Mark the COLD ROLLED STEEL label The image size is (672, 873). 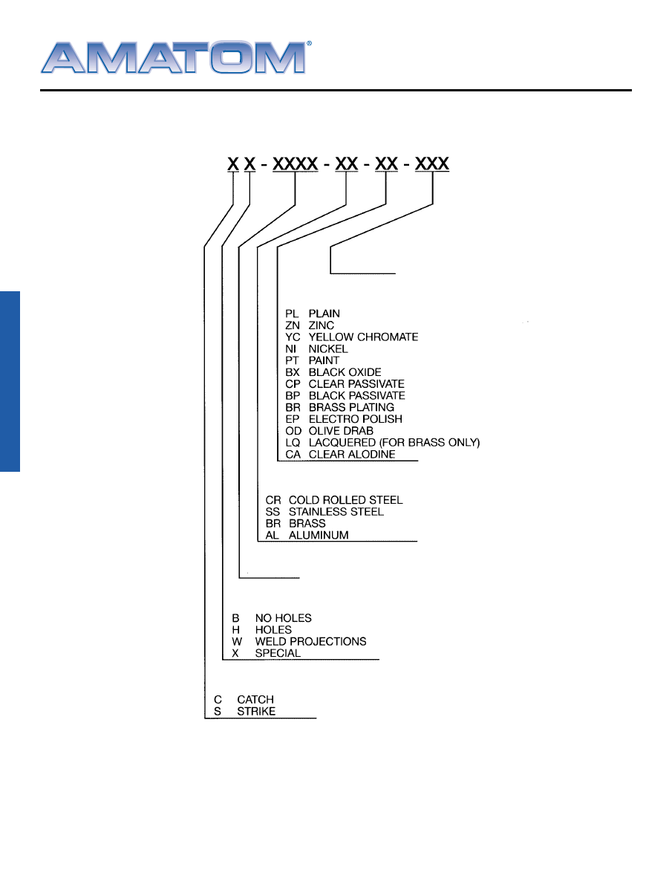(x=345, y=500)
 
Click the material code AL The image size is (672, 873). (x=273, y=535)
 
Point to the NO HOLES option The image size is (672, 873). (x=283, y=618)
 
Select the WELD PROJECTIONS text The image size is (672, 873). (x=310, y=641)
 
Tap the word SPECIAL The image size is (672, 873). (x=278, y=653)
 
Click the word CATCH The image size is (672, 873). (x=255, y=700)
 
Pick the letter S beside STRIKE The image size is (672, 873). (x=218, y=712)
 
